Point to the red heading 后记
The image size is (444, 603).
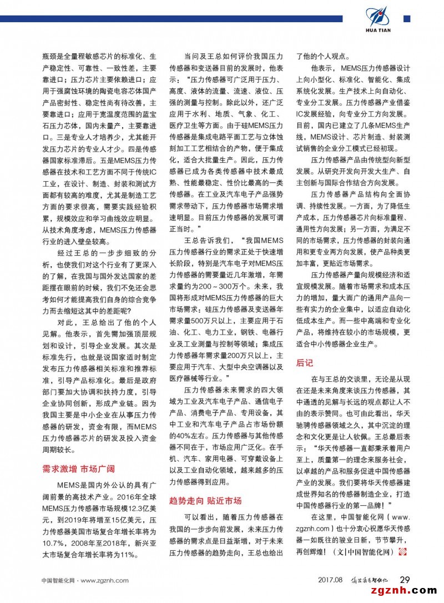tap(305, 363)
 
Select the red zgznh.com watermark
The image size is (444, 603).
tap(407, 594)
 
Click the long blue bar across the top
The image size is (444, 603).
tap(178, 19)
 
